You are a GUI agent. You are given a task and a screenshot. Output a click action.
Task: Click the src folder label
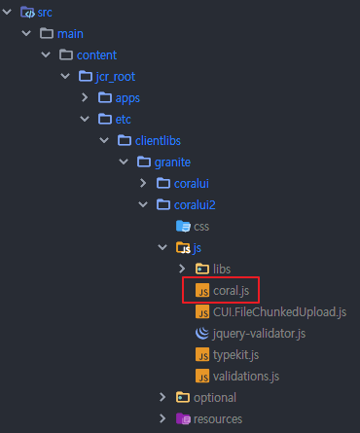pos(45,13)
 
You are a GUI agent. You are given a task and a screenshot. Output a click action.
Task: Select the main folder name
pos(71,34)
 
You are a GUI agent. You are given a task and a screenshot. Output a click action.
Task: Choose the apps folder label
pos(127,97)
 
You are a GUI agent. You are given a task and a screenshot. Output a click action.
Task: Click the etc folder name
pos(124,119)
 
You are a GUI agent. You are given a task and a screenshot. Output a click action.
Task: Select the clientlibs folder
pos(159,140)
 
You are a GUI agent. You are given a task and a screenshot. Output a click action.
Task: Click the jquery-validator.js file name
pos(259,333)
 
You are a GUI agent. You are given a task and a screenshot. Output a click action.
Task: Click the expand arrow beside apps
pos(85,97)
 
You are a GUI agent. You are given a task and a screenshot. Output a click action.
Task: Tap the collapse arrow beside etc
pos(85,119)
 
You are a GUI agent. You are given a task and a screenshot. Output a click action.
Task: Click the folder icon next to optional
pos(182,397)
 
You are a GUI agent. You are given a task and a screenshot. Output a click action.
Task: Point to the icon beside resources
pos(182,418)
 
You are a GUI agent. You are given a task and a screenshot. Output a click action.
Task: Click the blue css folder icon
pos(182,226)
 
